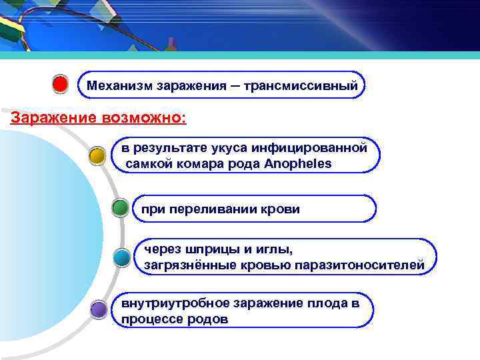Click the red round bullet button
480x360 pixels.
coord(60,85)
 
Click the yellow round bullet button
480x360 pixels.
coord(97,157)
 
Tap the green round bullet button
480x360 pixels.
coord(120,208)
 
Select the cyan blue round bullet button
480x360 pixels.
coord(121,257)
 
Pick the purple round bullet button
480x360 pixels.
coord(98,309)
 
